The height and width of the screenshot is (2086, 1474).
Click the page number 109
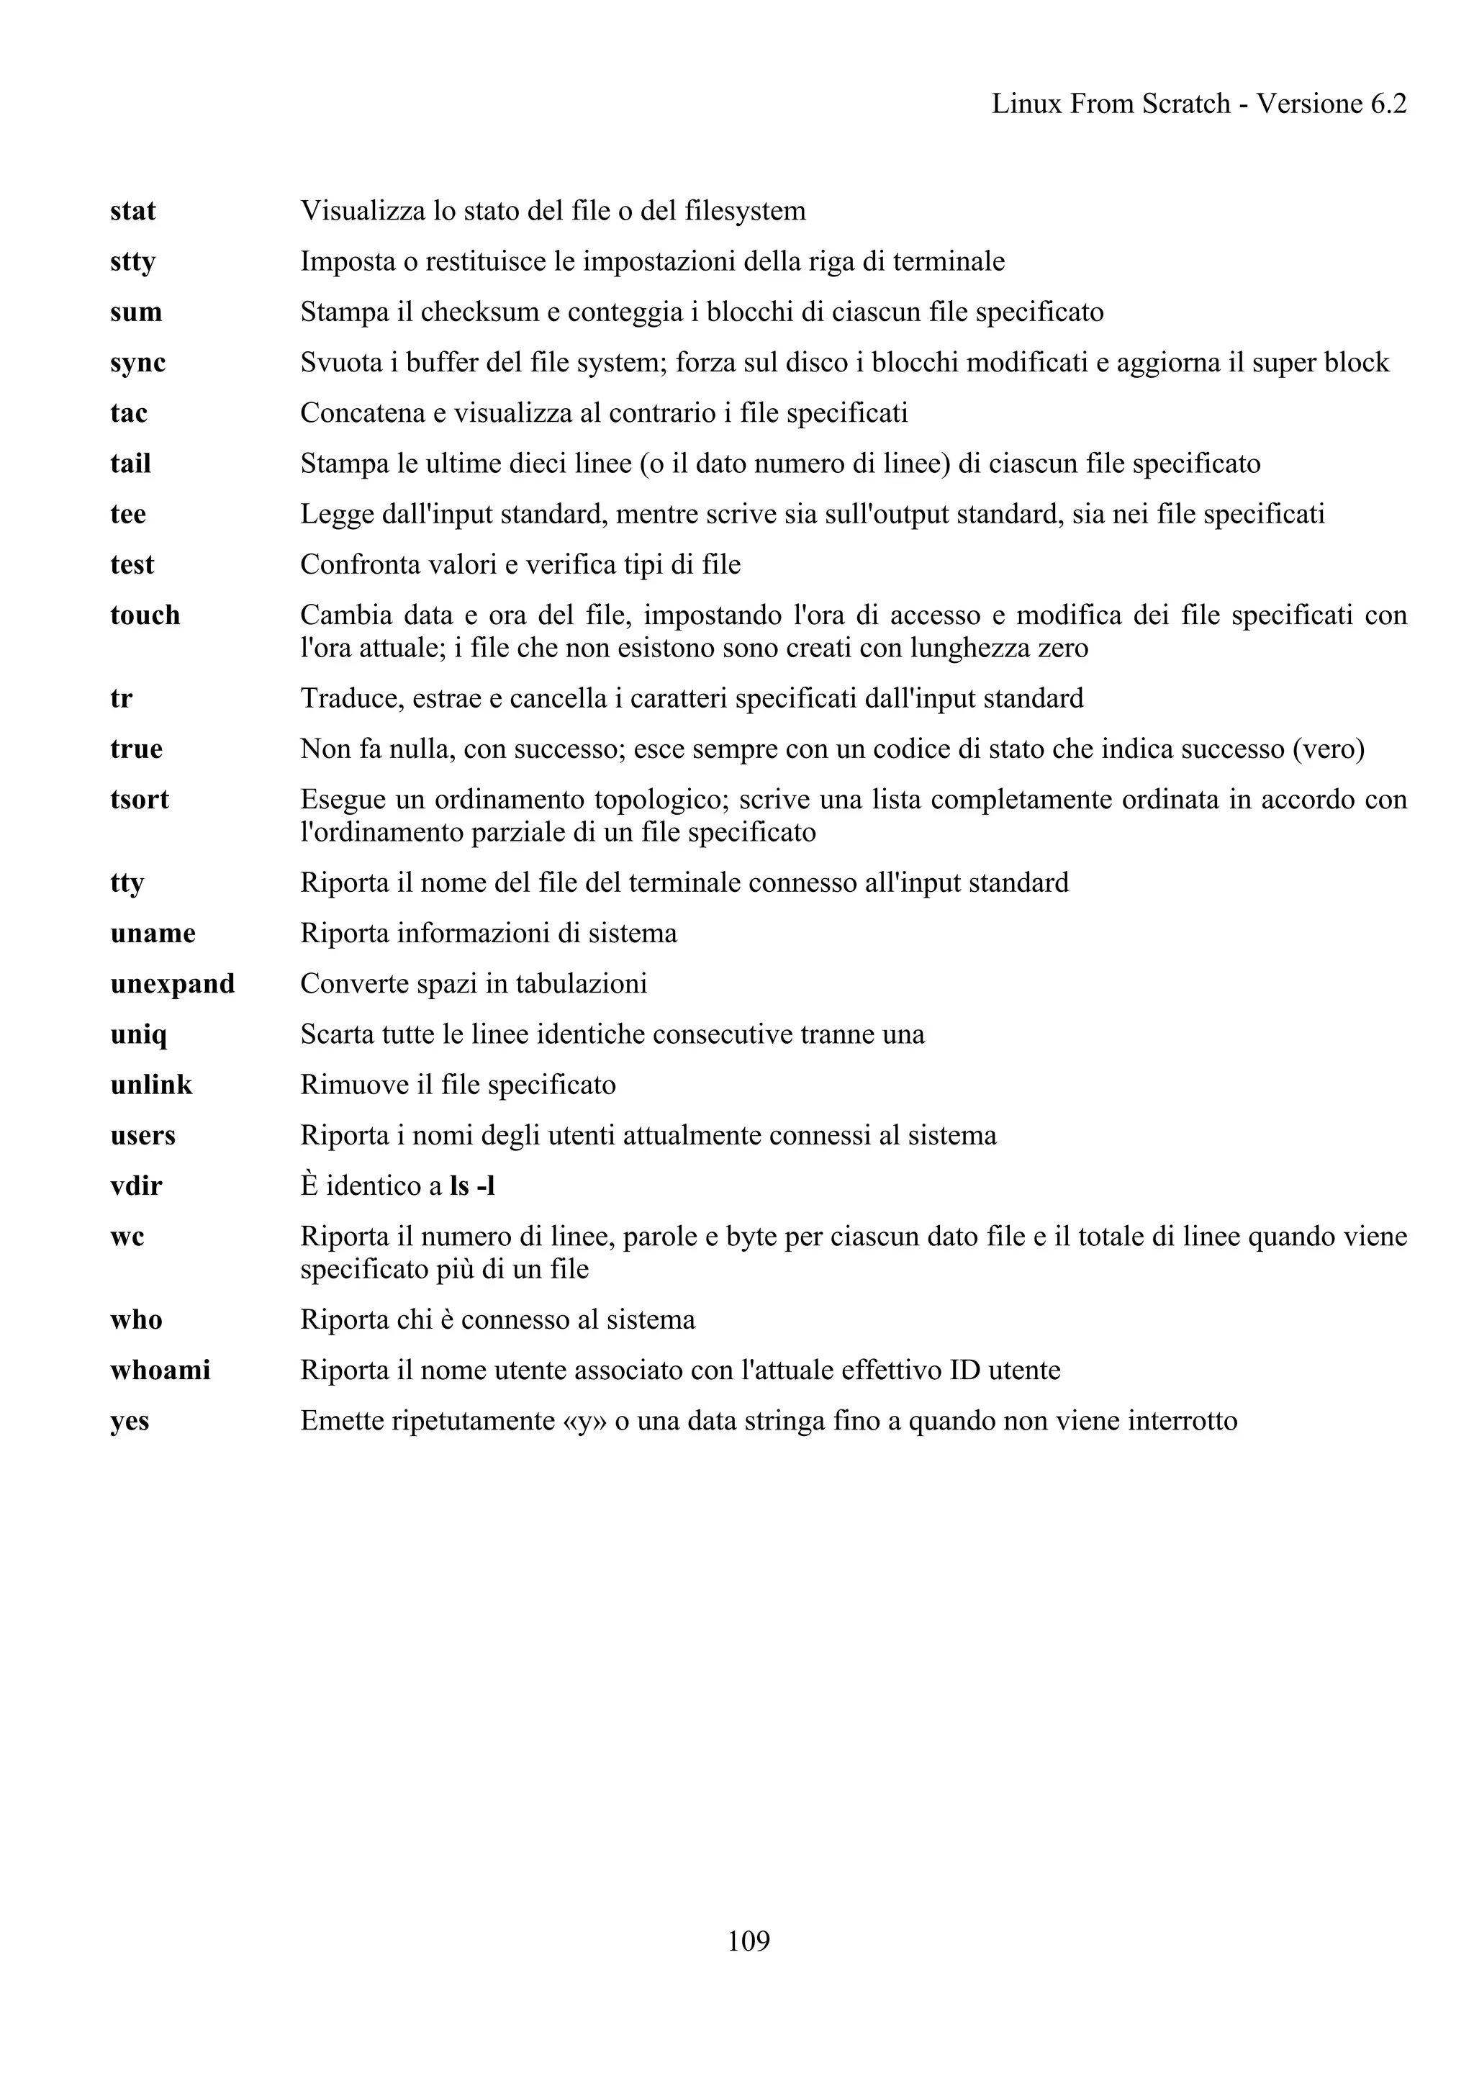coord(749,1941)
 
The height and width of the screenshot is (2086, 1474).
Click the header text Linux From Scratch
coord(1110,104)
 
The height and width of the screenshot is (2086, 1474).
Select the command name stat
coord(132,212)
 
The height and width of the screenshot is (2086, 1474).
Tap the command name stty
coord(132,263)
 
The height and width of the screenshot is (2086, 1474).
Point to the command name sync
coord(138,364)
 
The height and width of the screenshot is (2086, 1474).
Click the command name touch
coord(145,616)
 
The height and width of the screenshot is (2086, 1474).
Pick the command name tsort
coord(140,800)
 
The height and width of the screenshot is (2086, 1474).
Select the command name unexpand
coord(173,984)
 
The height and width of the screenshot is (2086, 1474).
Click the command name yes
coord(130,1421)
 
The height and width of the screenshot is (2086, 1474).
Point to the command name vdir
coord(136,1186)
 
